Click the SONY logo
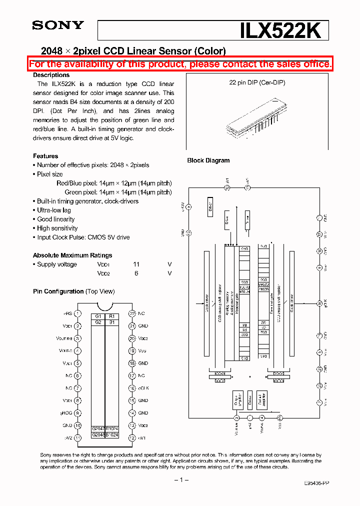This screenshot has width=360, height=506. pyautogui.click(x=58, y=25)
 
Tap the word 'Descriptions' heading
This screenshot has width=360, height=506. pyautogui.click(x=51, y=75)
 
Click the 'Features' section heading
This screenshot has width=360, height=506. pyautogui.click(x=45, y=156)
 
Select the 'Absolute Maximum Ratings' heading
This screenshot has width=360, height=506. pyautogui.click(x=72, y=255)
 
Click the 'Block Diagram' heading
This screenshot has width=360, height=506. pyautogui.click(x=208, y=160)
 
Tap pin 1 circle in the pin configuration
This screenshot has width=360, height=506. pyautogui.click(x=78, y=313)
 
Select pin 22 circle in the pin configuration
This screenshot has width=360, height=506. pyautogui.click(x=132, y=313)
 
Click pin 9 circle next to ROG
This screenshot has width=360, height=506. pyautogui.click(x=78, y=413)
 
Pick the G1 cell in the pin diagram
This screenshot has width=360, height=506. pyautogui.click(x=98, y=316)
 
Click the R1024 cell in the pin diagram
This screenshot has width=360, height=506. pyautogui.click(x=112, y=428)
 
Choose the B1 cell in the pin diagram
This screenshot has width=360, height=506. pyautogui.click(x=112, y=322)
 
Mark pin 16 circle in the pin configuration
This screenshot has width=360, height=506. pyautogui.click(x=132, y=388)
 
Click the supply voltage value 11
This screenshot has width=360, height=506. pyautogui.click(x=136, y=264)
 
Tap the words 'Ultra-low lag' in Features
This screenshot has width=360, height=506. pyautogui.click(x=54, y=210)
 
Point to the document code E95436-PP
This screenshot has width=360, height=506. pyautogui.click(x=316, y=483)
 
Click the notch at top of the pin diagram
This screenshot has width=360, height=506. pyautogui.click(x=105, y=306)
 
